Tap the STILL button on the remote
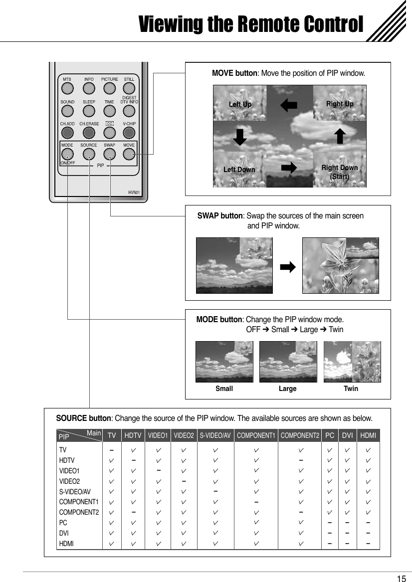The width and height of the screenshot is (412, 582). (x=129, y=88)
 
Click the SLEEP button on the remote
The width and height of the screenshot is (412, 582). (x=89, y=111)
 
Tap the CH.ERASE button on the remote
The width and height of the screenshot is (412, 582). (x=89, y=132)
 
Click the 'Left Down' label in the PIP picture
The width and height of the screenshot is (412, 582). (x=239, y=170)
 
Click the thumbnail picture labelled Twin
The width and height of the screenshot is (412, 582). (x=352, y=362)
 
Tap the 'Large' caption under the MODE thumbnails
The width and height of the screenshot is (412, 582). (x=287, y=388)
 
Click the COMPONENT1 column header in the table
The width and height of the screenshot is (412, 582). (x=256, y=435)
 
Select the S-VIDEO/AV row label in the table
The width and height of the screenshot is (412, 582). (x=75, y=491)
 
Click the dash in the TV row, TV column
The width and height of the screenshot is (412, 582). (x=112, y=449)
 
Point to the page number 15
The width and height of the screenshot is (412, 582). (x=401, y=579)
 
